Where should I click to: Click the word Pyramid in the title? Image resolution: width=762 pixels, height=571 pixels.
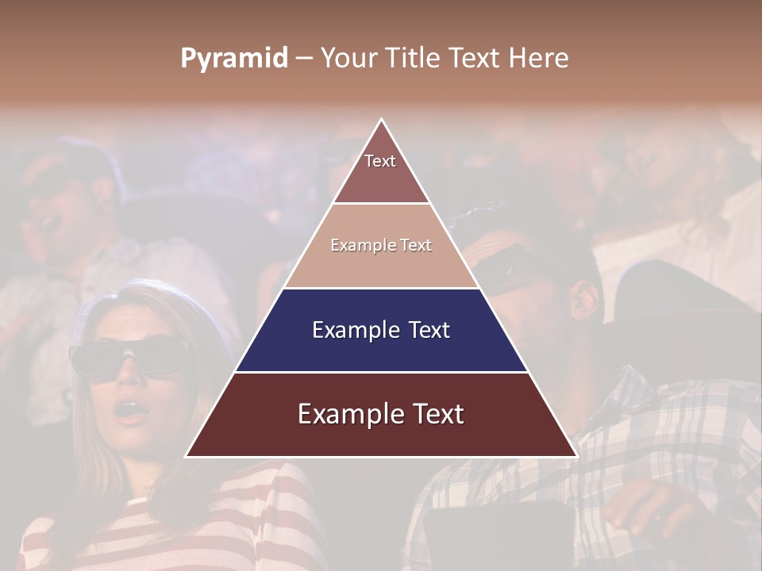click(233, 59)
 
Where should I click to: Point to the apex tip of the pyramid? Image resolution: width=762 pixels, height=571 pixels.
click(382, 121)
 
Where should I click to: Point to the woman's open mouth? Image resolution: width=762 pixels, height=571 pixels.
click(126, 411)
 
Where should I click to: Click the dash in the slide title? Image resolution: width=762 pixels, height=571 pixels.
click(304, 59)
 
